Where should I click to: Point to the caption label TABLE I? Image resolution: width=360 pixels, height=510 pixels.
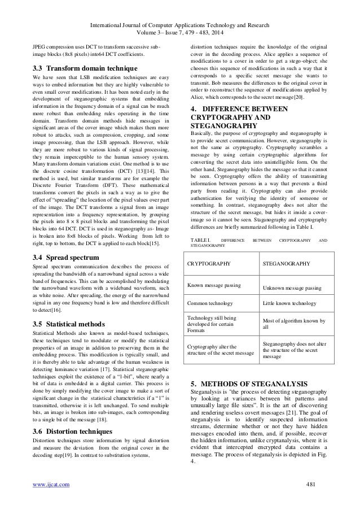[x=201, y=240]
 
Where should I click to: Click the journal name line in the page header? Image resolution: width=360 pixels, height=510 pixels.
[x=179, y=7]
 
